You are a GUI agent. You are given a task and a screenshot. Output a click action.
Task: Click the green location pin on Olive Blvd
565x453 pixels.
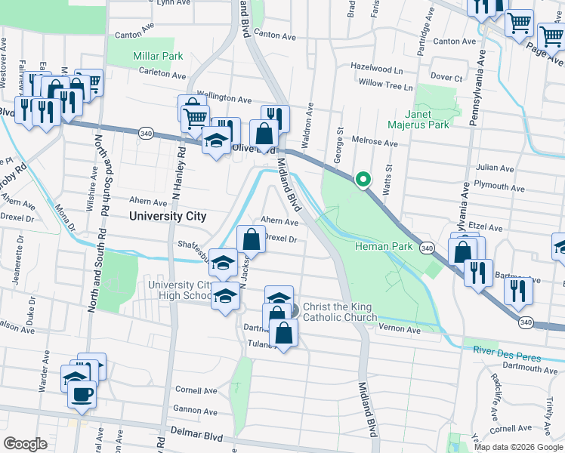363,179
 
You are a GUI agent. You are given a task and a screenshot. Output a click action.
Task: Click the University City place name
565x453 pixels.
167,216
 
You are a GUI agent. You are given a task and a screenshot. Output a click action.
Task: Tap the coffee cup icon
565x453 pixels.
82,393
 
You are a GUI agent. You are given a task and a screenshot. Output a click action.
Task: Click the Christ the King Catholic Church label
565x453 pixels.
339,313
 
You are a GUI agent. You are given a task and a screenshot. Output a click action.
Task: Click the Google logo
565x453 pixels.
25,444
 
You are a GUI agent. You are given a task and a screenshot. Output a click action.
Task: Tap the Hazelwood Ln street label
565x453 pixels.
376,67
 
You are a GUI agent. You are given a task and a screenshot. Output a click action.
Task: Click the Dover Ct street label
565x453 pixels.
446,77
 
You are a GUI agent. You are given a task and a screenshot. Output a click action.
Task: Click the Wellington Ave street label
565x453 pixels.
224,99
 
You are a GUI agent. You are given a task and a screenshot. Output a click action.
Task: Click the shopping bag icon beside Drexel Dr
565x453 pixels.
251,239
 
